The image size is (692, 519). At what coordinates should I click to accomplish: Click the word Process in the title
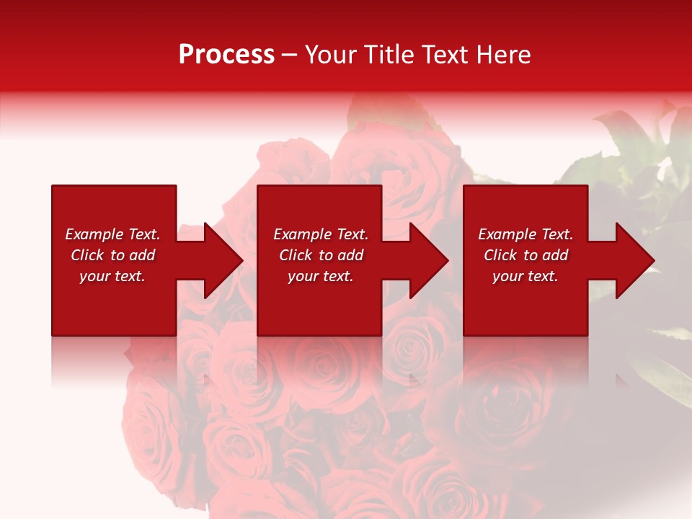(x=226, y=55)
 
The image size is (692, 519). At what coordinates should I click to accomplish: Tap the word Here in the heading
(x=505, y=55)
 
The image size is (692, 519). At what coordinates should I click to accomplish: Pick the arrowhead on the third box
(x=634, y=260)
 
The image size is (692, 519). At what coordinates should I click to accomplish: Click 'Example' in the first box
(x=94, y=234)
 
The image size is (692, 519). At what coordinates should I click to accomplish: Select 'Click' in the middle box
(x=296, y=255)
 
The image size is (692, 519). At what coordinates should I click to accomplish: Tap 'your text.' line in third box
(x=525, y=276)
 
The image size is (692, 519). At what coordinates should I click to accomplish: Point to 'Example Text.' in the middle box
(x=320, y=234)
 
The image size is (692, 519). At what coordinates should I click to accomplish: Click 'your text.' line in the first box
(x=112, y=276)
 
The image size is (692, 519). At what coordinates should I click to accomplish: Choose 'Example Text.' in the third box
(x=525, y=234)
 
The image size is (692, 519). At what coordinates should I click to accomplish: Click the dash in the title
(x=289, y=55)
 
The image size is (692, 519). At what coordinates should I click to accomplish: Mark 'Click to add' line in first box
(x=112, y=255)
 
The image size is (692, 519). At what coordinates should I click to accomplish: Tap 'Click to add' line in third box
(x=525, y=255)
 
